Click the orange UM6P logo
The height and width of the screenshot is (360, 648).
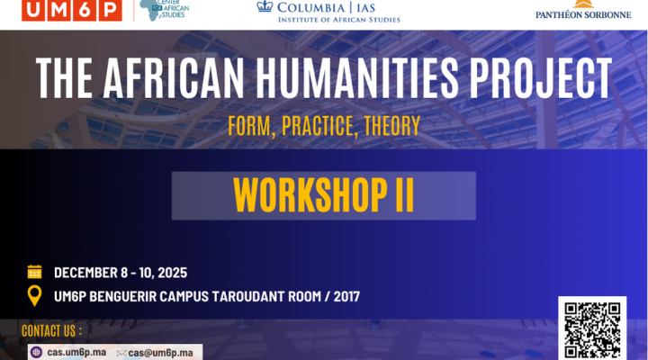(x=72, y=10)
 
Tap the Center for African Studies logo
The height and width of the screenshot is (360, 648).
(x=165, y=10)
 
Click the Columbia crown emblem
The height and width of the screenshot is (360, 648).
(x=265, y=6)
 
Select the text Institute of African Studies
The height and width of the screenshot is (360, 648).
(x=339, y=20)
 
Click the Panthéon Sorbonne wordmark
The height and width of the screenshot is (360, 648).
(x=583, y=15)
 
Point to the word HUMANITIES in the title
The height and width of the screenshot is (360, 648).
(x=357, y=77)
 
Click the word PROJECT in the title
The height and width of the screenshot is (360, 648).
(x=541, y=77)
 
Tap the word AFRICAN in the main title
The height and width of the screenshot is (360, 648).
(x=174, y=77)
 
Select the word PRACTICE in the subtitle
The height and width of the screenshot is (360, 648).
(x=318, y=126)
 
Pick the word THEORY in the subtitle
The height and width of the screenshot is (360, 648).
(x=392, y=126)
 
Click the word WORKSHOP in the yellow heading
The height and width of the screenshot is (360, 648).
(x=310, y=195)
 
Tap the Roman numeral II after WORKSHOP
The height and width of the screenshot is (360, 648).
(x=405, y=195)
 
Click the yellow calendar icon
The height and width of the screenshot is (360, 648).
(x=35, y=272)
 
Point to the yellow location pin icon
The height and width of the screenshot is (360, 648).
(x=35, y=296)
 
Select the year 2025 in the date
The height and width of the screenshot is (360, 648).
(x=172, y=273)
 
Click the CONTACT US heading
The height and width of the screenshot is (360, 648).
(x=51, y=331)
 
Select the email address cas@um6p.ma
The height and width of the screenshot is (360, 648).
(x=160, y=353)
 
